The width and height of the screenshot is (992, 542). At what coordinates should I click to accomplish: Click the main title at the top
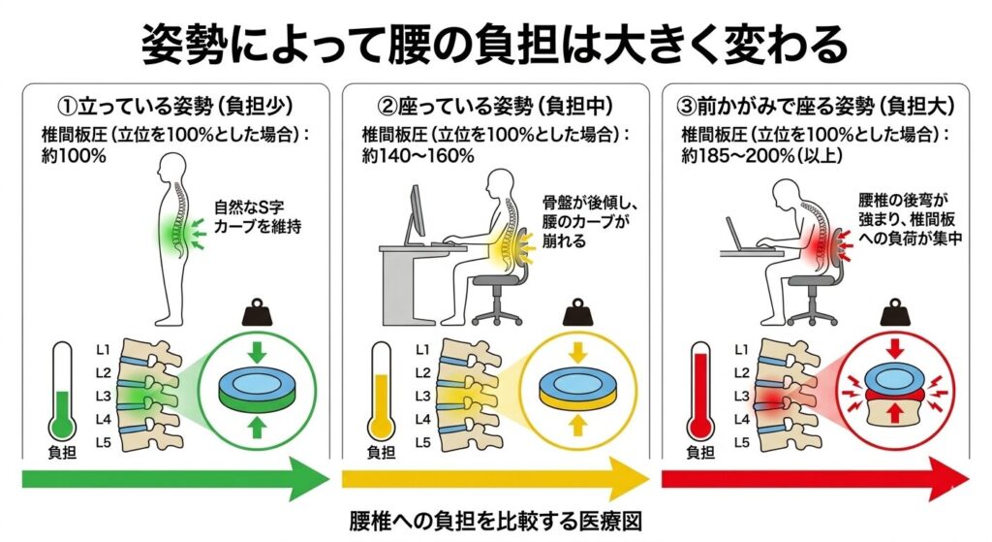point(495,43)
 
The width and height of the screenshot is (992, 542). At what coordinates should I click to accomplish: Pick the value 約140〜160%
point(418,155)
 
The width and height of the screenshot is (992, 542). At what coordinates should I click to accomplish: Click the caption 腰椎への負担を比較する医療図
point(495,521)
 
